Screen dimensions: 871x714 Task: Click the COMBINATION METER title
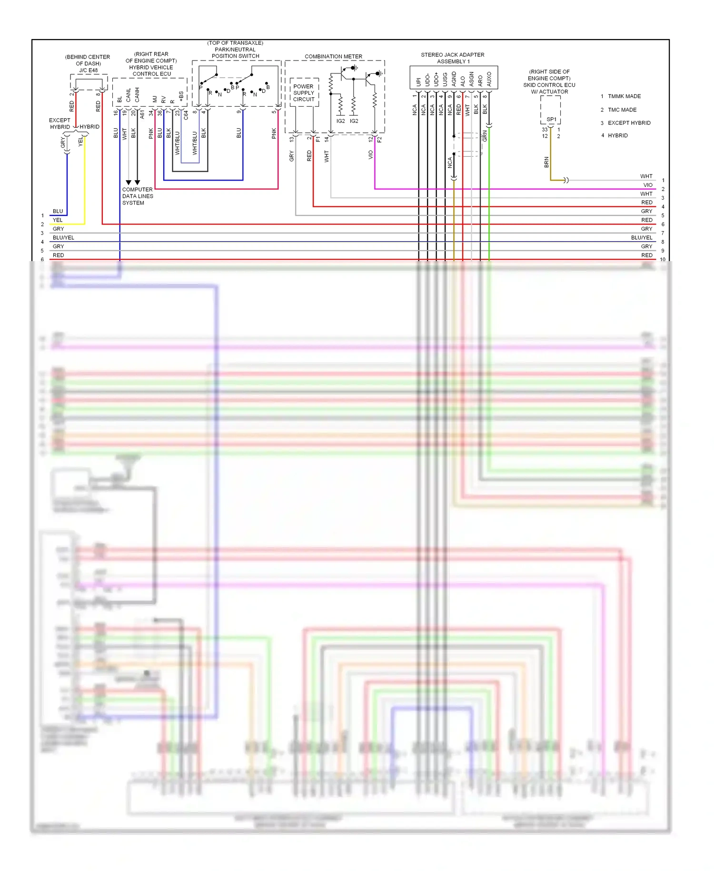pos(333,56)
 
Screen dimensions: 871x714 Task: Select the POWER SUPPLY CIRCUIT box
pos(304,93)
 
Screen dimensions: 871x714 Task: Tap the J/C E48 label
pos(89,70)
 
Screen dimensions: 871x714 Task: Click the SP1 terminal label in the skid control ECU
pos(551,119)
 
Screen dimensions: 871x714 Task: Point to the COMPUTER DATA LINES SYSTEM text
pos(137,196)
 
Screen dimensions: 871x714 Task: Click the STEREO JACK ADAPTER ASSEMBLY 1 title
pos(452,58)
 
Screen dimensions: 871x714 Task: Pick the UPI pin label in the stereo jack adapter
pos(418,81)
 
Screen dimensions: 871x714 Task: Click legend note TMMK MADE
pos(624,96)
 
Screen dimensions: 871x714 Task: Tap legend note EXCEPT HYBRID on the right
pos(629,123)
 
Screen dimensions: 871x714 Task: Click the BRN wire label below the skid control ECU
pos(546,162)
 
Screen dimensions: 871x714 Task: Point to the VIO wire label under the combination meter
pos(371,154)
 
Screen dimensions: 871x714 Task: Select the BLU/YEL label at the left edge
pos(63,237)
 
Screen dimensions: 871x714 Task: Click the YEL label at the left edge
pos(58,220)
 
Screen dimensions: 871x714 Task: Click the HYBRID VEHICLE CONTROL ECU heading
pos(151,71)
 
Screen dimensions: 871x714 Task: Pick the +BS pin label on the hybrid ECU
pos(181,96)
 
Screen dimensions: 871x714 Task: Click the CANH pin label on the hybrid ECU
pos(137,94)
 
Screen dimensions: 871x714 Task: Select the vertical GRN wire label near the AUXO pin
pos(485,136)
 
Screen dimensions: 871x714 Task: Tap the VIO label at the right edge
pos(648,185)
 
